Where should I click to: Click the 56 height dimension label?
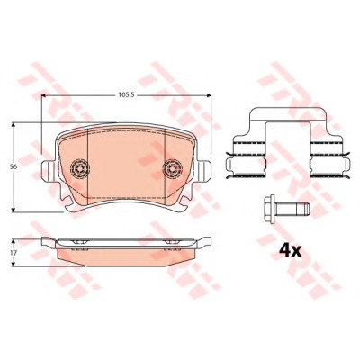pos(13,166)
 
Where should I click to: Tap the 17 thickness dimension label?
pos(13,253)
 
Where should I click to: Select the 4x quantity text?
pos(290,251)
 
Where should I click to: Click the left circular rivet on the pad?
pos(79,168)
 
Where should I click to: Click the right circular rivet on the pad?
pos(173,168)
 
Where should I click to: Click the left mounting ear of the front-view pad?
pos(48,171)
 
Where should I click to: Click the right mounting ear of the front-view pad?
pos(204,171)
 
